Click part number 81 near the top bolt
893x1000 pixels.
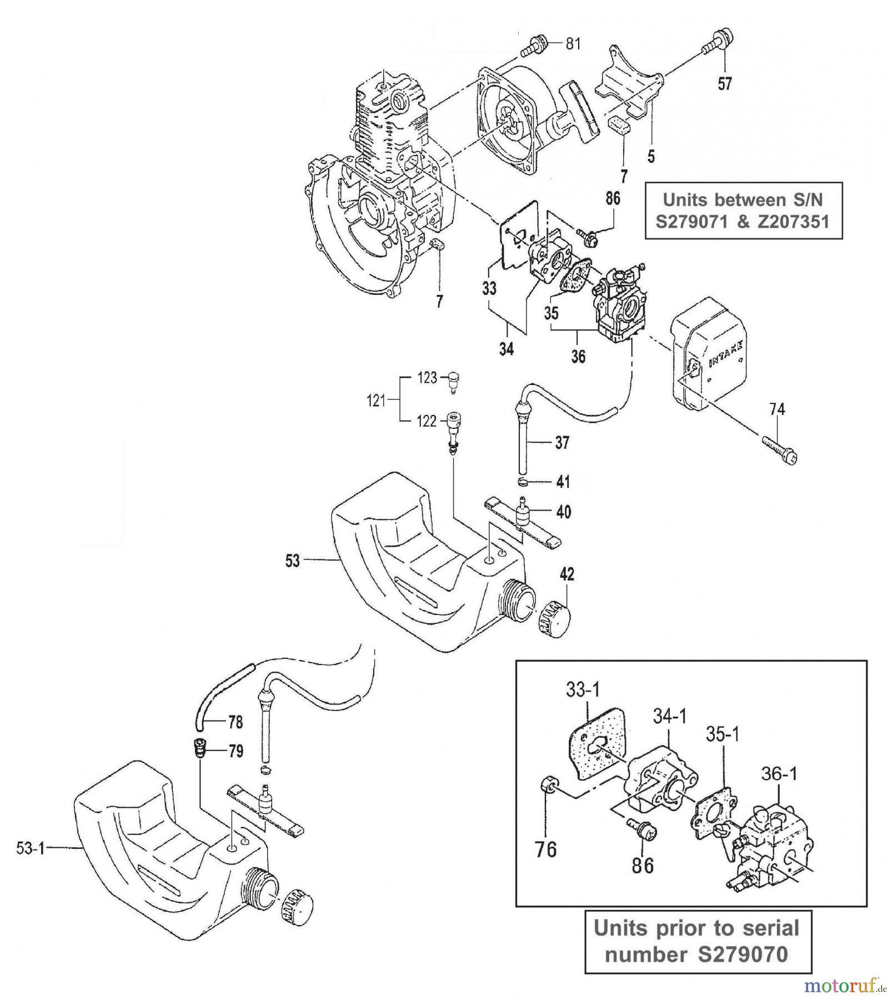pyautogui.click(x=573, y=43)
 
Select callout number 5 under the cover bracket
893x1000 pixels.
pyautogui.click(x=651, y=157)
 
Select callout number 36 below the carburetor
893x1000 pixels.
pyautogui.click(x=578, y=356)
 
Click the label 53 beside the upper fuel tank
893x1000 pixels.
pyautogui.click(x=292, y=561)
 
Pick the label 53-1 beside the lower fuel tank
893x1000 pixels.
pyautogui.click(x=30, y=848)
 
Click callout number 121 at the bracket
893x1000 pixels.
pyautogui.click(x=376, y=400)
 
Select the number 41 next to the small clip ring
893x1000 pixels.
pyautogui.click(x=563, y=482)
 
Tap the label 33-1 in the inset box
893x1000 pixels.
pyautogui.click(x=583, y=690)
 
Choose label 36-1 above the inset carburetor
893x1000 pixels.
pyautogui.click(x=779, y=773)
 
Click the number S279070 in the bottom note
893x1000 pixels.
pyautogui.click(x=743, y=954)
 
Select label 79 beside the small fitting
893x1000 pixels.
pyautogui.click(x=235, y=751)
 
